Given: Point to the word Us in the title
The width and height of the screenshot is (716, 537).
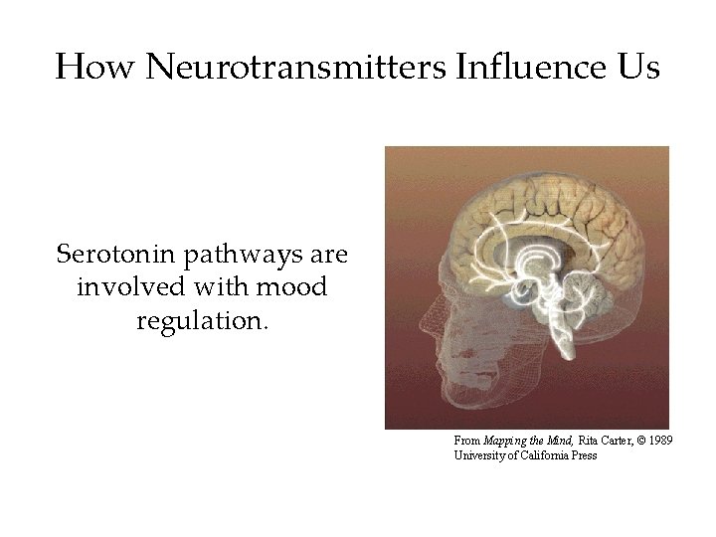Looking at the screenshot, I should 637,68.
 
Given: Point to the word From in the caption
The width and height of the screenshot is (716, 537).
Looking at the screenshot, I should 466,440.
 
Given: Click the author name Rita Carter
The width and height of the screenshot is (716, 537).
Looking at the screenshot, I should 593,440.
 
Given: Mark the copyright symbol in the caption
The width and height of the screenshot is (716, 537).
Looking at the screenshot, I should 636,440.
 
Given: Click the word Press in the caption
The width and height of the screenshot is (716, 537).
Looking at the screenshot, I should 584,455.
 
